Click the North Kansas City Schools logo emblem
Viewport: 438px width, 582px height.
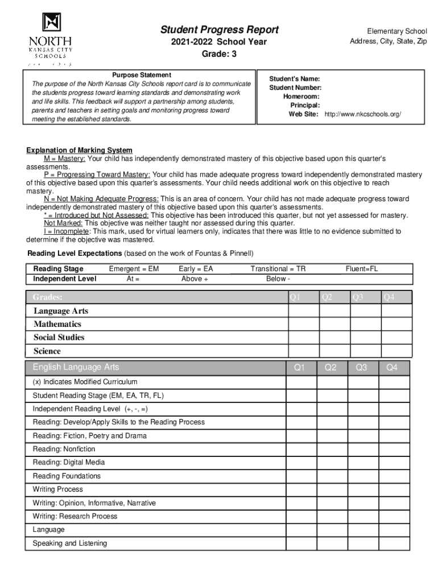point(51,22)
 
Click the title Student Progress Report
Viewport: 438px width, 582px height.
point(219,30)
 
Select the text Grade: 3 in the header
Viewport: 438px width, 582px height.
point(219,54)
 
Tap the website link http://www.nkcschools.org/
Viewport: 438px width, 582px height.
point(362,114)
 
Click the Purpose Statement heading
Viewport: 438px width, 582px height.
point(142,75)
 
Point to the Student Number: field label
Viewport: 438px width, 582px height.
point(295,88)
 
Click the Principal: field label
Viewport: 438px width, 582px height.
point(305,105)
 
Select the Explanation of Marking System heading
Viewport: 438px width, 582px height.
point(79,150)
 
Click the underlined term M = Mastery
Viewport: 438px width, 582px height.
point(65,158)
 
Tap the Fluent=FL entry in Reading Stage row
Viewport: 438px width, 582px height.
point(362,268)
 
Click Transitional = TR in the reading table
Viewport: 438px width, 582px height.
point(278,268)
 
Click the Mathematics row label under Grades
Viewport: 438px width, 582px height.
point(57,324)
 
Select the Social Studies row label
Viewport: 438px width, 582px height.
point(59,337)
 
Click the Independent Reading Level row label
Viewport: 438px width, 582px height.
point(91,409)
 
